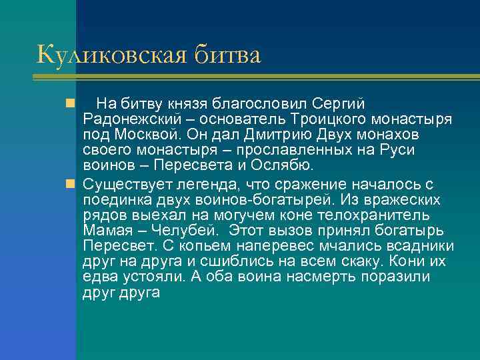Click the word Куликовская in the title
pos(111,55)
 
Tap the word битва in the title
pos(227,55)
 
